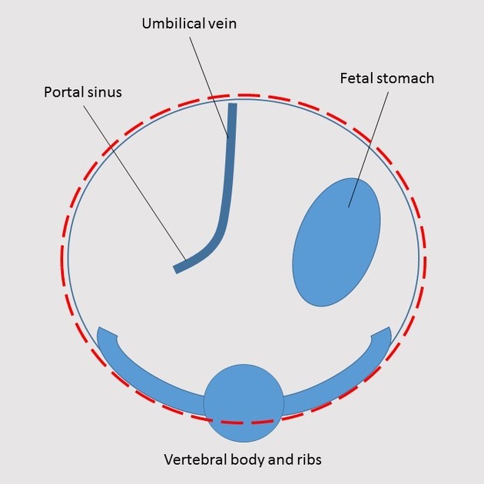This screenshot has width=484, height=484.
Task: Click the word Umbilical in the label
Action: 170,24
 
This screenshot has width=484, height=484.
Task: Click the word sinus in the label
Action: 104,93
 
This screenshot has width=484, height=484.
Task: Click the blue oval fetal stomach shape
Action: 336,242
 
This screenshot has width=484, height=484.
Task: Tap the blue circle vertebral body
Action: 244,403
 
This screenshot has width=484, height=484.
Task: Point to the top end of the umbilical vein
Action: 232,105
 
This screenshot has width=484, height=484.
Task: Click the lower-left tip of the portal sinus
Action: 177,270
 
